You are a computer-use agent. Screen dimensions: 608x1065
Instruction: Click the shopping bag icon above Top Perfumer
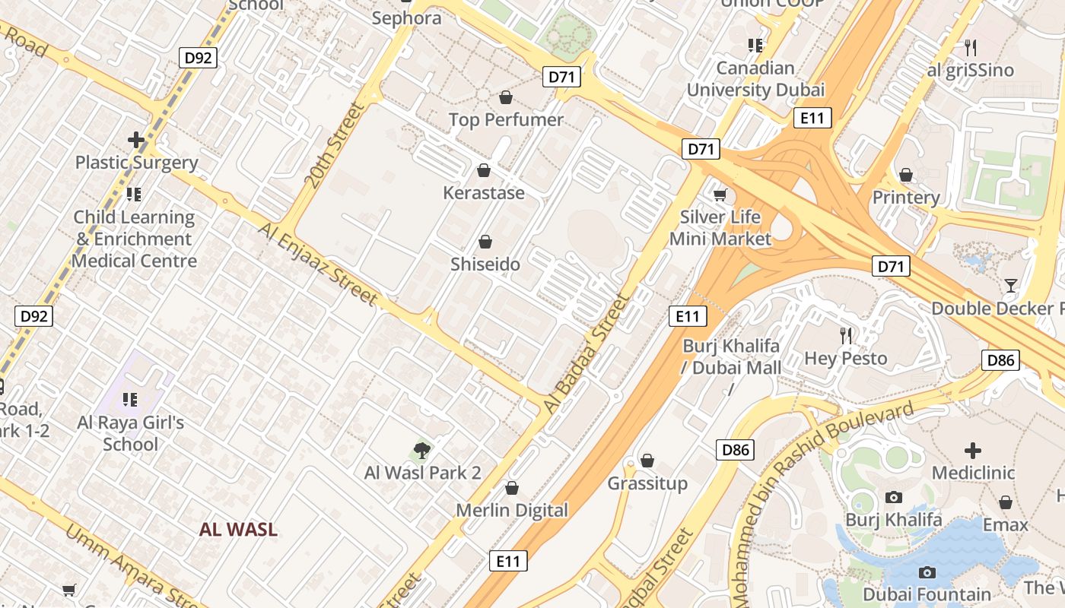[x=505, y=97]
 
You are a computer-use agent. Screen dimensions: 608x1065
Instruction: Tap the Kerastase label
[x=484, y=193]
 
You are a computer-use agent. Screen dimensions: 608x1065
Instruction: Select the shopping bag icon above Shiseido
[x=485, y=242]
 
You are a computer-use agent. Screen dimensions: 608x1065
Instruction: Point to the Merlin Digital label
[x=512, y=510]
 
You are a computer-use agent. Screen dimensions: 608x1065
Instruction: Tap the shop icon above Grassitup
[x=647, y=461]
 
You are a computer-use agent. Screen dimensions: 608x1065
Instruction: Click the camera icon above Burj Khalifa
[x=894, y=497]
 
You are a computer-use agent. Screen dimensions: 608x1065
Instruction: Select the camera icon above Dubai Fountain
[x=927, y=572]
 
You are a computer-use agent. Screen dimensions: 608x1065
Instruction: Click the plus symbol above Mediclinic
[x=972, y=450]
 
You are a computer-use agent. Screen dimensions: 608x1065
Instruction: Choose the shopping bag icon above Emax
[x=1006, y=502]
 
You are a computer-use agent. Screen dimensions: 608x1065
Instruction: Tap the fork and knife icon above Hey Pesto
[x=845, y=335]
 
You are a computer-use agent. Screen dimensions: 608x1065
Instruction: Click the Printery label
[x=906, y=198]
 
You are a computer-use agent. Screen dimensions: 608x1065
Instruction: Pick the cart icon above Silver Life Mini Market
[x=720, y=194]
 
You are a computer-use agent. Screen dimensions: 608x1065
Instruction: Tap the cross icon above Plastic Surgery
[x=136, y=140]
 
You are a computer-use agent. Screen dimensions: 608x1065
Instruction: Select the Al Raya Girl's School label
[x=131, y=433]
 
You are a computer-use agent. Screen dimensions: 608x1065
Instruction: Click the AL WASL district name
[x=238, y=530]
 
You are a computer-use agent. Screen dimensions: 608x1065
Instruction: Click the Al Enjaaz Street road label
[x=317, y=263]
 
